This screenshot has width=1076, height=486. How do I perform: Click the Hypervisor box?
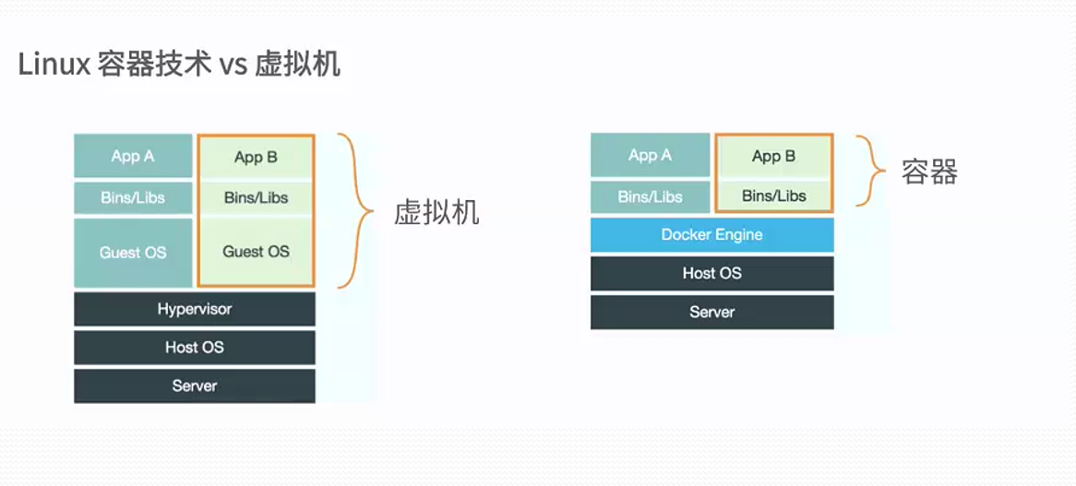(195, 309)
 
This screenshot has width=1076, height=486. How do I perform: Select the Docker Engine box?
(711, 235)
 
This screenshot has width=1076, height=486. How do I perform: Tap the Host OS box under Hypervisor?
(195, 348)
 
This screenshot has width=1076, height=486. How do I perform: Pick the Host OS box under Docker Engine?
(711, 273)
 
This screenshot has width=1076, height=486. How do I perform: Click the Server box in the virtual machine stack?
(195, 385)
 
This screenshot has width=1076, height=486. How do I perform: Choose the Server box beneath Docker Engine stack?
(711, 312)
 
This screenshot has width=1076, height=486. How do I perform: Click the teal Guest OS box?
(133, 253)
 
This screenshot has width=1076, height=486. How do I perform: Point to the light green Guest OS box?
(256, 252)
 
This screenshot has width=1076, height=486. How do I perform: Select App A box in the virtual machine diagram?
(133, 156)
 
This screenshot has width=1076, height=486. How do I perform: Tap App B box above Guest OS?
(256, 157)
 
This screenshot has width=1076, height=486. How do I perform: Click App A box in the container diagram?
(650, 155)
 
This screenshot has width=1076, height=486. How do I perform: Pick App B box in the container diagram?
(773, 156)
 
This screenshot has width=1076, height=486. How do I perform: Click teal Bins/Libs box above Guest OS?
(133, 198)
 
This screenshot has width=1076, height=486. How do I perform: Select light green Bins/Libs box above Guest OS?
(256, 197)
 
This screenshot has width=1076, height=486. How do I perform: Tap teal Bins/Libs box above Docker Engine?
(650, 196)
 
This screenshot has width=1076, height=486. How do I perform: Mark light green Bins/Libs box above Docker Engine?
(773, 196)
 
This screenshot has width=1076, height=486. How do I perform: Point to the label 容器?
(929, 172)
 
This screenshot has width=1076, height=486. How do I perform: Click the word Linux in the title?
(54, 65)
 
